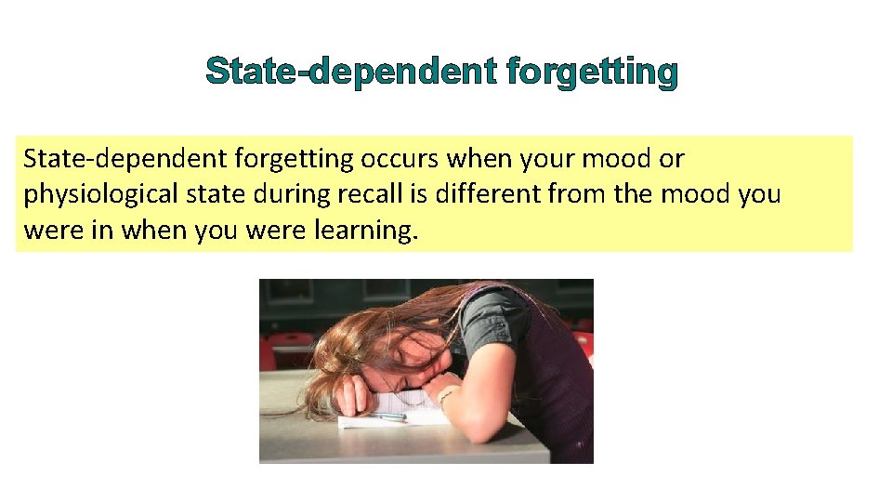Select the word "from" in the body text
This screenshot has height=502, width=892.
[x=576, y=195]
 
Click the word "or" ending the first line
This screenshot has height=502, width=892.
[x=671, y=160]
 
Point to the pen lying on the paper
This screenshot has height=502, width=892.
[x=389, y=416]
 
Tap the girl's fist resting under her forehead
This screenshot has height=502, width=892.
[x=350, y=395]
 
